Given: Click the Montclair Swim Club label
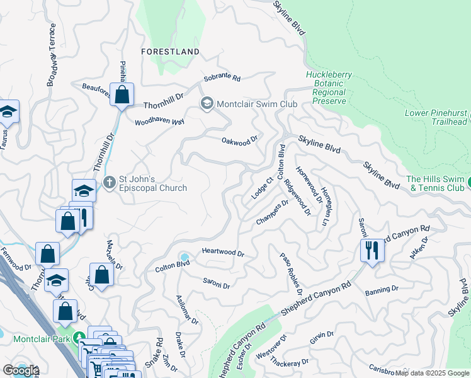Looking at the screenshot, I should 256,104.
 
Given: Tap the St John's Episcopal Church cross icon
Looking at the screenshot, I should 109,183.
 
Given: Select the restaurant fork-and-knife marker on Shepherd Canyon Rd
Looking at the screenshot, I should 372,250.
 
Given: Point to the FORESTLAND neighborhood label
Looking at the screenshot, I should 170,52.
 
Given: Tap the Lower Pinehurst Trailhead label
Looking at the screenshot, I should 436,117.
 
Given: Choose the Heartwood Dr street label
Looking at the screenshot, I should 222,252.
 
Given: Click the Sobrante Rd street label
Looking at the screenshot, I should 222,79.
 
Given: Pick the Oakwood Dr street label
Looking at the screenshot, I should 240,140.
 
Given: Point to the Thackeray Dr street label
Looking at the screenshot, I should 291,364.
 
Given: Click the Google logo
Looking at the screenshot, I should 20,370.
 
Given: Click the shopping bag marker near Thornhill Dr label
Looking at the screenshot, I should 122,95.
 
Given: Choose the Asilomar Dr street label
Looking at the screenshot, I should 187,311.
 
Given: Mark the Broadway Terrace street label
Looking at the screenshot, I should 52,55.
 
